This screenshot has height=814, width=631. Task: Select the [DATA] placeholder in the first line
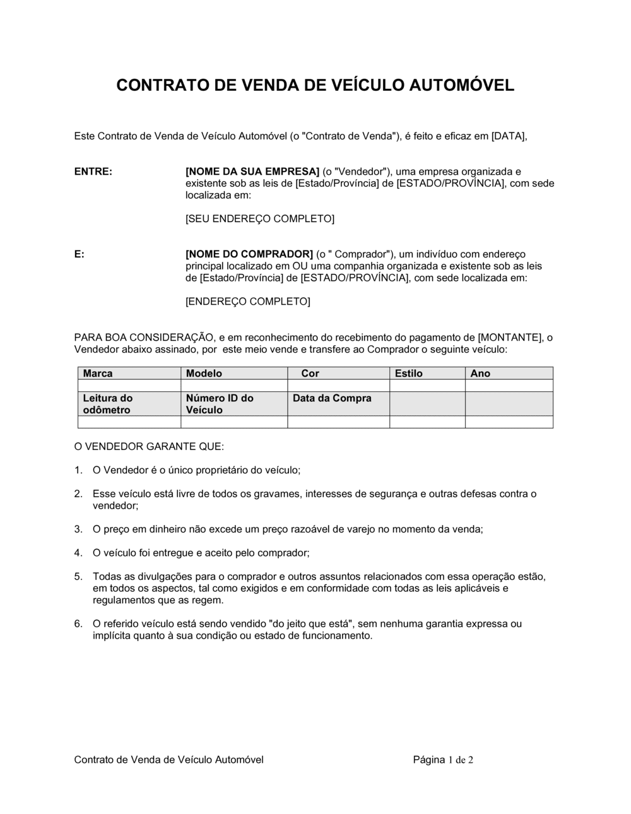pos(509,136)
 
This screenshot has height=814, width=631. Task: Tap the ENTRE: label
pos(93,172)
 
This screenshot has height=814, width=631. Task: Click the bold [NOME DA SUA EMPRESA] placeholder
pos(252,172)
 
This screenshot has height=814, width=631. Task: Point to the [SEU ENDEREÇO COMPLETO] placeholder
pos(260,219)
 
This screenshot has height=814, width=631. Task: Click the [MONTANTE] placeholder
pos(510,338)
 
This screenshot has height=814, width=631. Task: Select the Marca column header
pos(98,374)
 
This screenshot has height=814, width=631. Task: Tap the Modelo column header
pos(204,374)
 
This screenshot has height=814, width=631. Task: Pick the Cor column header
pos(310,374)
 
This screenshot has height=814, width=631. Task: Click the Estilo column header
pos(409,374)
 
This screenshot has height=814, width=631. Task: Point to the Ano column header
pos(480,374)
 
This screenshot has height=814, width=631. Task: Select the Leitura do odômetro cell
pos(107,404)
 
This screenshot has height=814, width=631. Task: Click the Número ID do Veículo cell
pos(220,404)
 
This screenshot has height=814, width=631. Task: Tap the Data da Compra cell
pos(332,398)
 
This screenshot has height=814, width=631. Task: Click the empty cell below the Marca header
pos(129,386)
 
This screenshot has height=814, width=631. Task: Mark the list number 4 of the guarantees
pos(78,553)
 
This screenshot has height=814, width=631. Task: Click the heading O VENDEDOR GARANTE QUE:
pos(149,447)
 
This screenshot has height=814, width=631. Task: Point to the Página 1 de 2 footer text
pos(443,760)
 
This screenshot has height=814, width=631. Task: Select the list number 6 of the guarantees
pos(78,624)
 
